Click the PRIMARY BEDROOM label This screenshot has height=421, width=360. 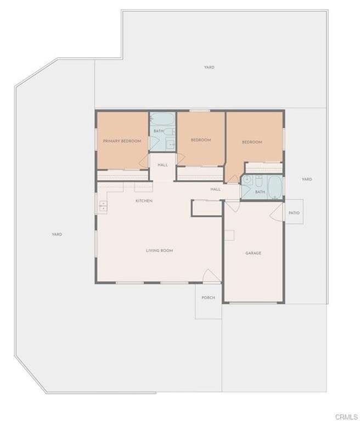tap(122, 141)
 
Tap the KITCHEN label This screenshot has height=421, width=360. tap(144, 201)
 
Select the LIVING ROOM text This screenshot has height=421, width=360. tap(159, 251)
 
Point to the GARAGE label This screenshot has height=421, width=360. tap(253, 253)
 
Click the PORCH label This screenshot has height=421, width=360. tap(208, 298)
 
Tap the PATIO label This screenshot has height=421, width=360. tap(294, 213)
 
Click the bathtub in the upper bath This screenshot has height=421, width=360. tap(162, 120)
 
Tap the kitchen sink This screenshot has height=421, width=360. tap(103, 206)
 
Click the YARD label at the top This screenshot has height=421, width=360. tap(209, 67)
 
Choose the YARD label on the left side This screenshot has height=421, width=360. tap(57, 234)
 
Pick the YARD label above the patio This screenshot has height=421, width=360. tap(307, 179)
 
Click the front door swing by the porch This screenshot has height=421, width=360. tap(211, 276)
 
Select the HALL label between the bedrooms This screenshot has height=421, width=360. tap(162, 164)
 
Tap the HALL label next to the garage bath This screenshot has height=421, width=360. tap(216, 189)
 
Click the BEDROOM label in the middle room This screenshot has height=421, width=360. tap(201, 140)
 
